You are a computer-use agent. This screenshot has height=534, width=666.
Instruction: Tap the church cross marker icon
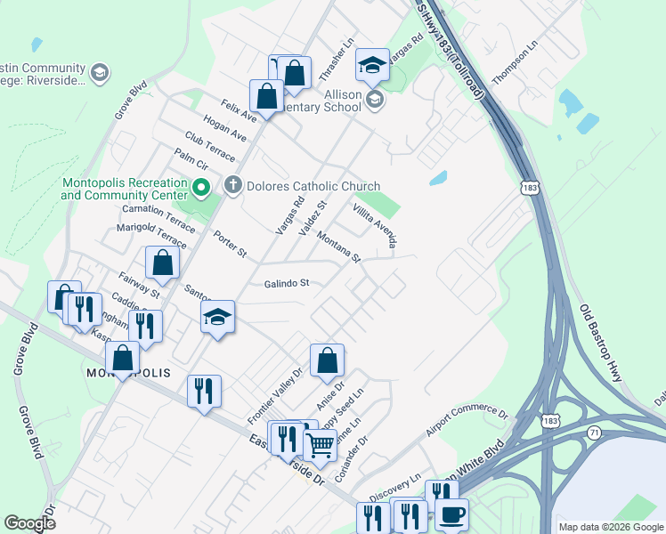[233, 186]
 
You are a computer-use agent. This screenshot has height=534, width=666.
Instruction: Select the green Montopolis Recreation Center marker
[200, 189]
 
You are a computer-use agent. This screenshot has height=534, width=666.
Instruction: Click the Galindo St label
[286, 284]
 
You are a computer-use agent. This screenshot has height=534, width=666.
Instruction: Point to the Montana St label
[339, 247]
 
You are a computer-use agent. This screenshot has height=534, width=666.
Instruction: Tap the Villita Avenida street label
[374, 224]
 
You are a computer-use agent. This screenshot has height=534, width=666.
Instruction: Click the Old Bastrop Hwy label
[600, 344]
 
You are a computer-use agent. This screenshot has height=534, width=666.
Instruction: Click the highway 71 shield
[595, 432]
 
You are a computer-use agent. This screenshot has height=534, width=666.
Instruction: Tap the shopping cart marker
[321, 442]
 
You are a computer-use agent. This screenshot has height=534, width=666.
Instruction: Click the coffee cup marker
[451, 514]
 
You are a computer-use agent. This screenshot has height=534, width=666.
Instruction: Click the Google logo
[29, 522]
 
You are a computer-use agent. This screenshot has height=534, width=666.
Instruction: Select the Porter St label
[230, 245]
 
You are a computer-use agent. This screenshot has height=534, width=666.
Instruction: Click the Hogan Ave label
[224, 128]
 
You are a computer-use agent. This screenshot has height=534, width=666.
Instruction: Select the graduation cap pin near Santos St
[217, 318]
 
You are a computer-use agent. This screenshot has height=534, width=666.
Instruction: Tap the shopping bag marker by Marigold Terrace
[162, 263]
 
